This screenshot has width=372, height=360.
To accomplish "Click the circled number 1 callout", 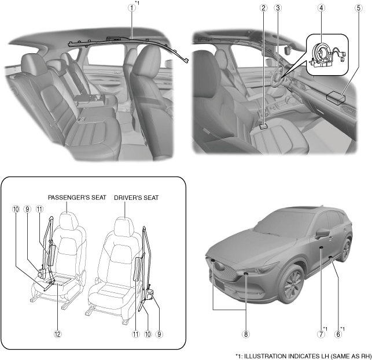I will click(132, 8).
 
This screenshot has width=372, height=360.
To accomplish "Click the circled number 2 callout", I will click(263, 8).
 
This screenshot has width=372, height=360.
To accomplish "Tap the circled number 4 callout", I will click(321, 8).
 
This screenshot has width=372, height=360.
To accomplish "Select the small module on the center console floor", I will click(263, 125).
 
